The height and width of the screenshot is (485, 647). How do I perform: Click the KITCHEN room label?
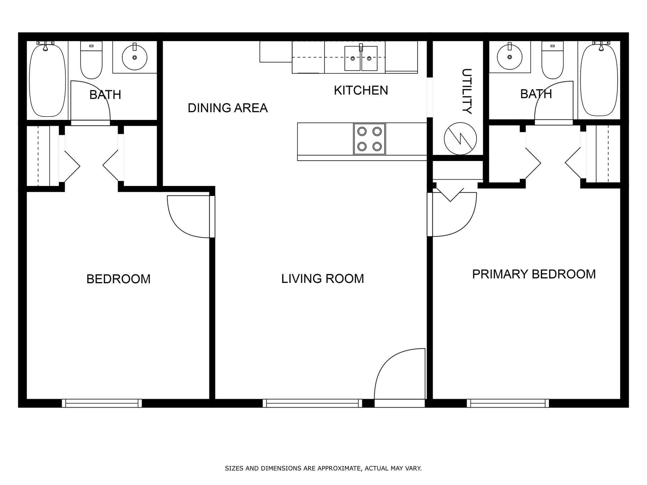361,90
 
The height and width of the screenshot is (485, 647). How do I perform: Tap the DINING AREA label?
227,108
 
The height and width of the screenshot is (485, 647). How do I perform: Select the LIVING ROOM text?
322,279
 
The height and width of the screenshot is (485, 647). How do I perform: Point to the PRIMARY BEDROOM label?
534,274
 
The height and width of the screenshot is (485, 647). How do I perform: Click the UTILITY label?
467,91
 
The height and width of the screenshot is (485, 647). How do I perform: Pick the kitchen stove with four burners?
369,139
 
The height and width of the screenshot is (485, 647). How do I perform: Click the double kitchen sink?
361,58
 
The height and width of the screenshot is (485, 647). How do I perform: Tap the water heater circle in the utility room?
460,139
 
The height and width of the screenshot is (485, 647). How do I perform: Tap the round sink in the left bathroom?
134,57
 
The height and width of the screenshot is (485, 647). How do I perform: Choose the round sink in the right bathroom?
510,57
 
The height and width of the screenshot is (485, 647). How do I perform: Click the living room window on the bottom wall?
312,403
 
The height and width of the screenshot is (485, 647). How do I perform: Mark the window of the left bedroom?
102,403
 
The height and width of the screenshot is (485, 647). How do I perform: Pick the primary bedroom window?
508,403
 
